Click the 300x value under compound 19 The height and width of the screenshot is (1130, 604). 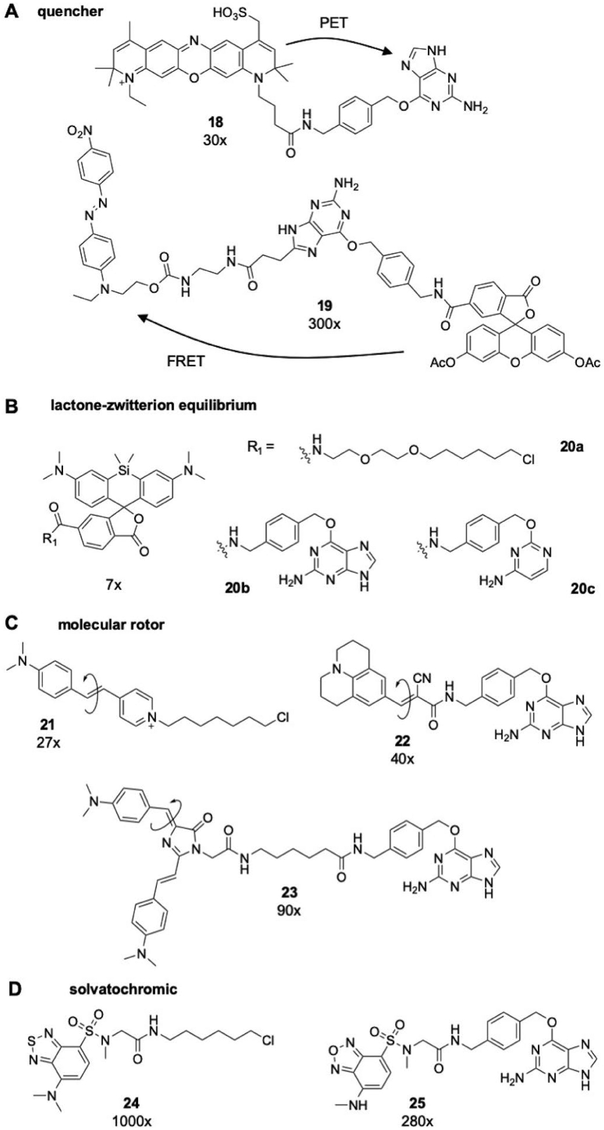click(324, 323)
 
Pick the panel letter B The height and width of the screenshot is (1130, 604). click(11, 405)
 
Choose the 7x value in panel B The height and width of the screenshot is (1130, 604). click(113, 585)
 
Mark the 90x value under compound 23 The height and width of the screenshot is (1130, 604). click(289, 909)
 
